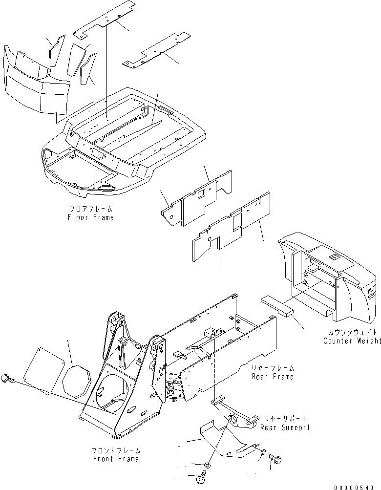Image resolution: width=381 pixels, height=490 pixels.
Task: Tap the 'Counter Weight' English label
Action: [352, 341]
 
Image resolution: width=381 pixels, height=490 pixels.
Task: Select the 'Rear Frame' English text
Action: [273, 377]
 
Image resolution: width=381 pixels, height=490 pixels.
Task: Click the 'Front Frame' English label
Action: [116, 459]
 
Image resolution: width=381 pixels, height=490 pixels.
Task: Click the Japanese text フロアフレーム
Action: [91, 209]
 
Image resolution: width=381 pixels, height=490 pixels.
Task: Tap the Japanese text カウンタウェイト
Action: [352, 333]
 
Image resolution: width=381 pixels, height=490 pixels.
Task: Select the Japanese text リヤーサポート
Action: [286, 419]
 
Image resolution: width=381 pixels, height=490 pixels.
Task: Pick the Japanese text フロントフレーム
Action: [116, 450]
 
